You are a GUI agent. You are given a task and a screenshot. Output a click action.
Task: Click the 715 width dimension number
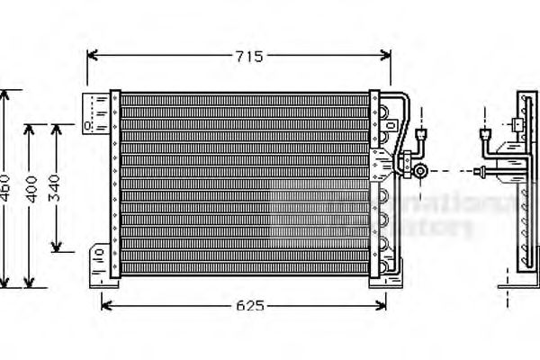point(249,57)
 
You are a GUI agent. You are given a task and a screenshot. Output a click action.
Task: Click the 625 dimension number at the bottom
point(250,307)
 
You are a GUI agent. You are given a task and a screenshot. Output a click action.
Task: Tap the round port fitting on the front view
point(420,169)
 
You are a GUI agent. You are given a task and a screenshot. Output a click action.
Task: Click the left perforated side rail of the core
point(114,184)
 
